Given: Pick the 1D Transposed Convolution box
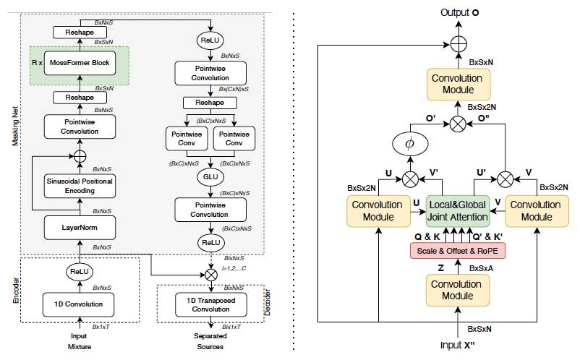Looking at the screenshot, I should click(x=209, y=304).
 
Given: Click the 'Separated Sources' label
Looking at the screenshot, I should click(x=209, y=341).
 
